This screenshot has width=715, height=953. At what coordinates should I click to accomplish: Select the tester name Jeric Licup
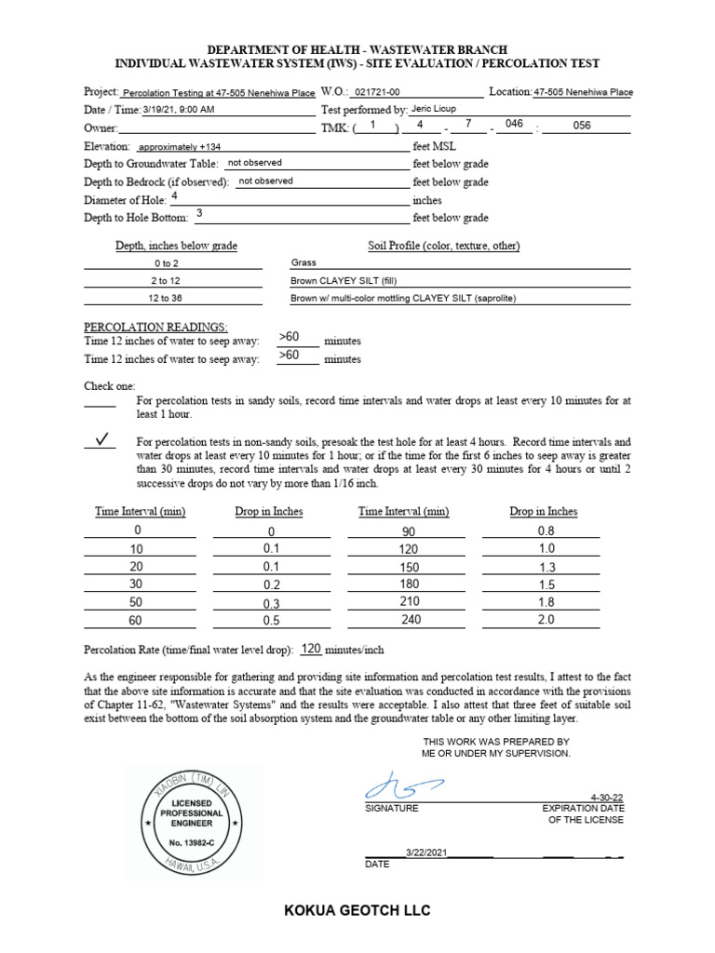coord(433,109)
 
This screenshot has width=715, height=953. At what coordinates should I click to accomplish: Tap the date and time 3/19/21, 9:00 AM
coord(179,110)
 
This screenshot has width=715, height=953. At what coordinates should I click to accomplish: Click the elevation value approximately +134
coord(180,147)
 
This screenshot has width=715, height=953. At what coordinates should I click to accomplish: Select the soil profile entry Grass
coord(304,263)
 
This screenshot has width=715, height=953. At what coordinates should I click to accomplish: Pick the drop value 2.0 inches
coord(546,620)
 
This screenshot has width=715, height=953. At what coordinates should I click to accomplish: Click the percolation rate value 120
coord(311,649)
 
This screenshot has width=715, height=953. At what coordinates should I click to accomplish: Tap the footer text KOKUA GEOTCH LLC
coord(357,910)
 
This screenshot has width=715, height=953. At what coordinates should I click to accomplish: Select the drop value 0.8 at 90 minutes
coord(546,531)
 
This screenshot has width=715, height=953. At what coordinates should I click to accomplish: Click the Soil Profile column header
coord(444,246)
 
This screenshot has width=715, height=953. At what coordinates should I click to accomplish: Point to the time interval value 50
coord(138,603)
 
